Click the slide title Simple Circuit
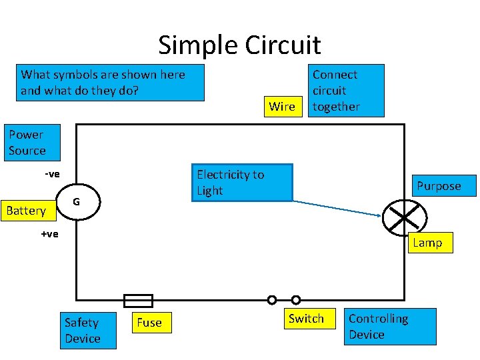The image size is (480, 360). tap(239, 45)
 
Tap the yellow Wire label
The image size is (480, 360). tap(281, 107)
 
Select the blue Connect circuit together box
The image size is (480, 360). tap(345, 90)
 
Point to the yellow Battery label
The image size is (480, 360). tap(26, 211)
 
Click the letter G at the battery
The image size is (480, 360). tap(77, 201)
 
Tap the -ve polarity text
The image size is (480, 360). tap(52, 174)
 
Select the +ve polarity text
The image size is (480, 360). tap(49, 234)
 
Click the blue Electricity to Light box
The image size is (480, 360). tap(241, 182)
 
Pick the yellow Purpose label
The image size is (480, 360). tap(438, 186)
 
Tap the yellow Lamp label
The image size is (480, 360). tap(427, 243)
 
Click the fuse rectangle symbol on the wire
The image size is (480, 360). tap(138, 301)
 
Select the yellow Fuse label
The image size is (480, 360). tap(149, 323)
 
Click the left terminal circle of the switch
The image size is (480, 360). tap(272, 300)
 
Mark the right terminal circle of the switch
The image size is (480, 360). tap(296, 300)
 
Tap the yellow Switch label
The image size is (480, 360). tap(306, 319)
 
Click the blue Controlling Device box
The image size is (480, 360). tap(391, 326)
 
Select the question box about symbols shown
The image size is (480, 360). tap(110, 82)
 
